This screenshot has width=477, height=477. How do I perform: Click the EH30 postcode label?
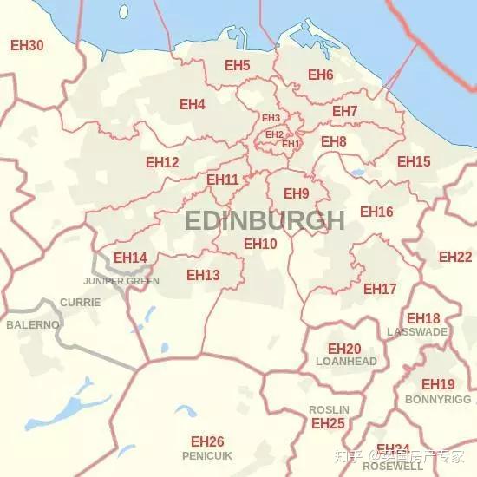(x=26, y=44)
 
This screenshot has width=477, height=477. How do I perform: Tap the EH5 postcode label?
(x=237, y=66)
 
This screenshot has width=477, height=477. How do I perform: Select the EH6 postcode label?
(x=320, y=75)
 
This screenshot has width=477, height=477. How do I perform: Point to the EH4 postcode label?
(x=192, y=105)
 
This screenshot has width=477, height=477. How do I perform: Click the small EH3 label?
(x=271, y=118)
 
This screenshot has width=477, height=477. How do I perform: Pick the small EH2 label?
(x=274, y=134)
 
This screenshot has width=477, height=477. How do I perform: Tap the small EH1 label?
(x=291, y=144)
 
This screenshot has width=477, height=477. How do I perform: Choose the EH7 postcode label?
(x=344, y=112)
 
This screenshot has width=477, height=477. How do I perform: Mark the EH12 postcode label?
(x=162, y=162)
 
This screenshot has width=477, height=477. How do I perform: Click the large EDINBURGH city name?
(x=265, y=220)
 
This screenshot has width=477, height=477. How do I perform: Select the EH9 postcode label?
(x=296, y=193)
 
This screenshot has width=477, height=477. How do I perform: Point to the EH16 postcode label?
(x=376, y=212)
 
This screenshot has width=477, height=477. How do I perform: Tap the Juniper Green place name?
(x=121, y=281)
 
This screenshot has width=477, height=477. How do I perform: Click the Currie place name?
(x=80, y=303)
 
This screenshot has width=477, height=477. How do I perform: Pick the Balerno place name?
(x=33, y=324)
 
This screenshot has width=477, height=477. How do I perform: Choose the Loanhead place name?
(x=346, y=362)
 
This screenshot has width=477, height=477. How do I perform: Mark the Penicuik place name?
(x=207, y=455)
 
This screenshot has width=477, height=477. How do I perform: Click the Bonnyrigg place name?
(x=438, y=400)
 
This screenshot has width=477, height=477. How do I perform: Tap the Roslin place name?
(x=329, y=409)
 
